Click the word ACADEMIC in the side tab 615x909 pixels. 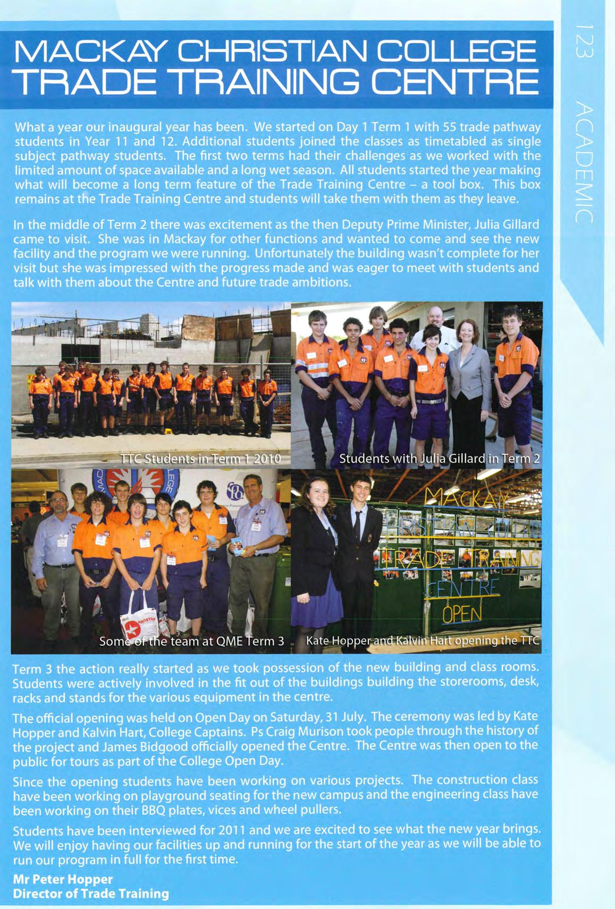coord(583,162)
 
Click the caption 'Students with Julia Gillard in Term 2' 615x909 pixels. coord(439,458)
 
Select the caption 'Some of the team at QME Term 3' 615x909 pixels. coord(192,641)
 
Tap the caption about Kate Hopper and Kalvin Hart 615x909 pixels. coord(423,641)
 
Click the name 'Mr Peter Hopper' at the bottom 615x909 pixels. coord(63,879)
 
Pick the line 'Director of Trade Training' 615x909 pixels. coord(91,894)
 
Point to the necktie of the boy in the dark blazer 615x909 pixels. coord(357,524)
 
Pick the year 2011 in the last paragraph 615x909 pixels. coord(232,830)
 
